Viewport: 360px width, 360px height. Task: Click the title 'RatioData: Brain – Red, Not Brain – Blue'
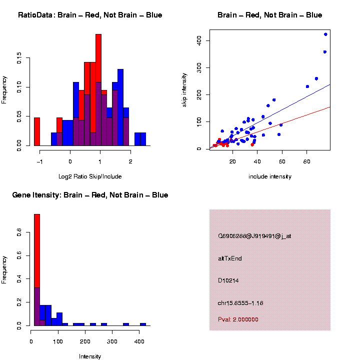pos(90,15)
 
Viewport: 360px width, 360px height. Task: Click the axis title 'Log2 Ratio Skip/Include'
pos(90,176)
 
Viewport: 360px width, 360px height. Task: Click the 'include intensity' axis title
pos(270,176)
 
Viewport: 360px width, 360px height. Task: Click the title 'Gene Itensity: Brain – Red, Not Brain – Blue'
pos(90,195)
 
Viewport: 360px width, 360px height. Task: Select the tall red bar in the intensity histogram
pos(36,250)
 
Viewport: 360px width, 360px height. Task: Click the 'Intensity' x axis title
pos(90,356)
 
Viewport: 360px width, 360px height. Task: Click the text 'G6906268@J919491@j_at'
pos(254,236)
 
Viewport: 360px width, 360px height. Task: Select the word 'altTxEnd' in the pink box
pos(230,258)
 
